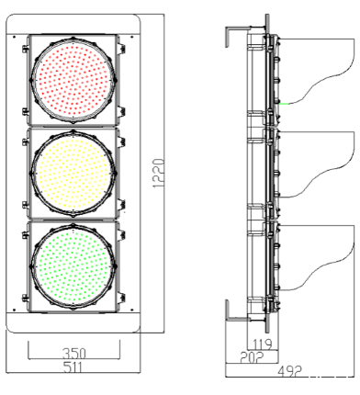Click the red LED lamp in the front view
[73, 80]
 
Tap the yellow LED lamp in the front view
[73, 174]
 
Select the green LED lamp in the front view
[73, 266]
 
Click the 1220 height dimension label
[159, 173]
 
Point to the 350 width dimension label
[74, 354]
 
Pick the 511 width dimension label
[73, 367]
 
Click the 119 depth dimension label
[262, 344]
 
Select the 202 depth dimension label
[252, 357]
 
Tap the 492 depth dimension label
[289, 371]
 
